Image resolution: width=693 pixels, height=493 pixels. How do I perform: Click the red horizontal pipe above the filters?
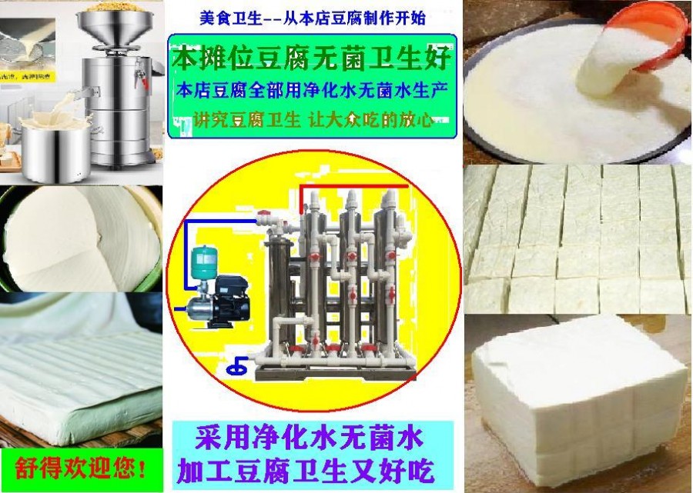coord(353,186)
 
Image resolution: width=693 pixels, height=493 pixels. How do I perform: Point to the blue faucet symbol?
coord(237,365)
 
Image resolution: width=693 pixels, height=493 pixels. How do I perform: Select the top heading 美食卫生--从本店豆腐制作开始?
coord(313,18)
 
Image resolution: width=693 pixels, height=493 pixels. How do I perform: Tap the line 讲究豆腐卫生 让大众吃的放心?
coord(312,119)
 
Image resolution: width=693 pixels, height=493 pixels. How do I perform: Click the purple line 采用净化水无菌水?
coord(309,437)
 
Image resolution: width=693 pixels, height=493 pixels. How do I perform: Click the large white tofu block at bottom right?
coord(579,397)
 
